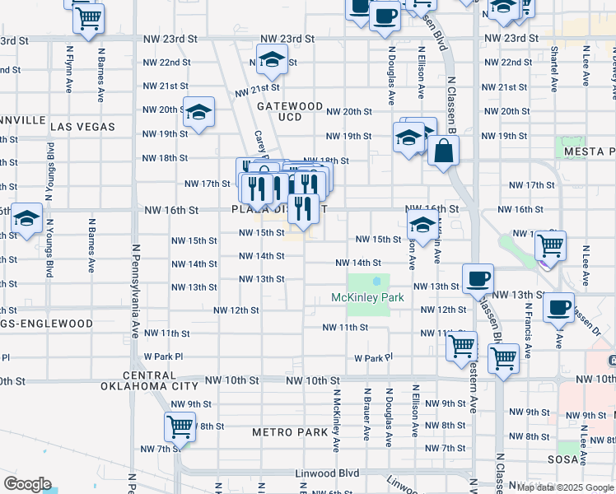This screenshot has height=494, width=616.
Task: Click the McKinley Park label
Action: [x=367, y=297]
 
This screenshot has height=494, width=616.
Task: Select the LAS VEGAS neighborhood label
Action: [x=82, y=126]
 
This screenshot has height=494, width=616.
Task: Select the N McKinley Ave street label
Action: [x=336, y=420]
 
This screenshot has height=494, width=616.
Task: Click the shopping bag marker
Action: [x=443, y=151]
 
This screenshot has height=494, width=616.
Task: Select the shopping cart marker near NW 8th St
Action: [x=180, y=426]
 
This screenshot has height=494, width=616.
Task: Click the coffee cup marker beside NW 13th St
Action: [x=478, y=278]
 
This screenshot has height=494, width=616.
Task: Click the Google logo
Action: [x=27, y=484]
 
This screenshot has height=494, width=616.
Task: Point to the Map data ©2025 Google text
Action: [x=565, y=487]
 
